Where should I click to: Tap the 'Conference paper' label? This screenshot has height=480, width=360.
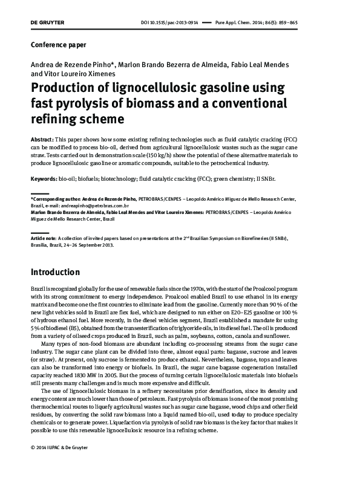pos(58,45)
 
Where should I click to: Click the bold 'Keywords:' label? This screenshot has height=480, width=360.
pos(44,180)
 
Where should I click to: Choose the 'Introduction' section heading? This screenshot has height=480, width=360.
pos(55,272)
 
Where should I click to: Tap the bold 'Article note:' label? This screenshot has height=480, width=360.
pos(45,239)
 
